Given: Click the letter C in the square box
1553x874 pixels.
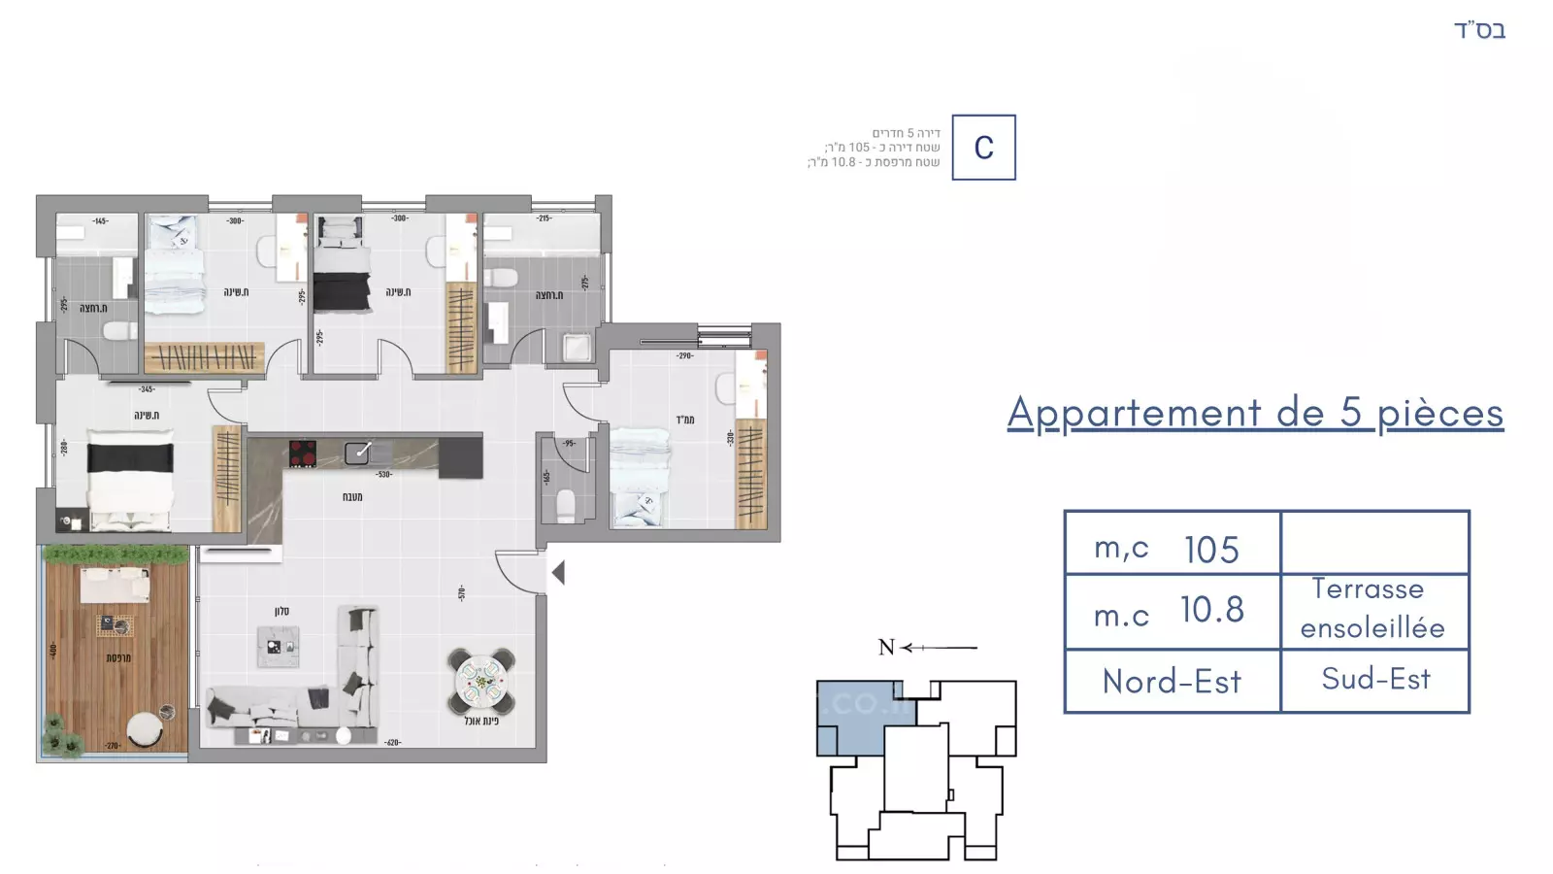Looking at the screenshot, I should point(983,148).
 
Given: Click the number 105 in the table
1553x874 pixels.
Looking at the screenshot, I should point(1211,550).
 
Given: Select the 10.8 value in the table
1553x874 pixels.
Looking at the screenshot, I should point(1211,610).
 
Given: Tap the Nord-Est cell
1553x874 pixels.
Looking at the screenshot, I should point(1172,682).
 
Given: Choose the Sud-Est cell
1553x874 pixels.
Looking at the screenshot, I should point(1375,679).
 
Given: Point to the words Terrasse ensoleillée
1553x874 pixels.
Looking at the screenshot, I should point(1371,609).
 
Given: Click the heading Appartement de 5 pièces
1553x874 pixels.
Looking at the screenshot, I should point(1255,413).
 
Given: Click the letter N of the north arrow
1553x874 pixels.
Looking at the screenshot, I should point(885,647).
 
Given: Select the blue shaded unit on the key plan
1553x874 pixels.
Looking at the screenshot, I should point(851,716).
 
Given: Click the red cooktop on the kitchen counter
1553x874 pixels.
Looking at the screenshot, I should point(303,454).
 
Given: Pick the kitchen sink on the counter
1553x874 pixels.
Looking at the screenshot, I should point(357,452).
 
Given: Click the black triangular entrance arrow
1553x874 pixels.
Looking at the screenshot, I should point(558,573).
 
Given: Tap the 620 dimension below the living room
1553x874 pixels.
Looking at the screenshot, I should point(392,743).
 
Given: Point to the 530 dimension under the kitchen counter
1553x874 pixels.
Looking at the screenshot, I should point(384,475).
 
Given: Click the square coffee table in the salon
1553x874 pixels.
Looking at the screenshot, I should point(279,647).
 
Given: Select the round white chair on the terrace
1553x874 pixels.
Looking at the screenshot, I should point(146,729).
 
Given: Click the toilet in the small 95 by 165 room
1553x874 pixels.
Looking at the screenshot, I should point(565,505).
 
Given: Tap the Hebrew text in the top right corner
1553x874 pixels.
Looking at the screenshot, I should point(1479,30).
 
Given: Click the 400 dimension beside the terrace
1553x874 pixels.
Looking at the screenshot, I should point(53,650).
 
